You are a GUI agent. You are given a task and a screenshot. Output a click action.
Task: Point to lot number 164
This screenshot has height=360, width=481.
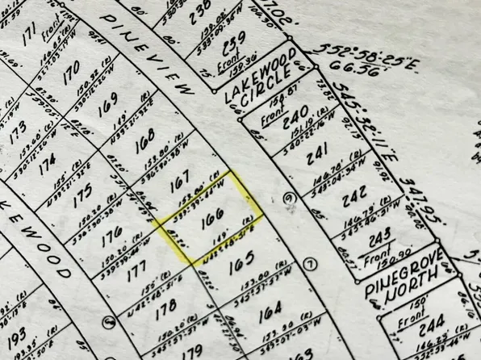pos(271,308)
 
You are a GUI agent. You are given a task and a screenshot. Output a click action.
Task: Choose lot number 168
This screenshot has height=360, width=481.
pos(146,145)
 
